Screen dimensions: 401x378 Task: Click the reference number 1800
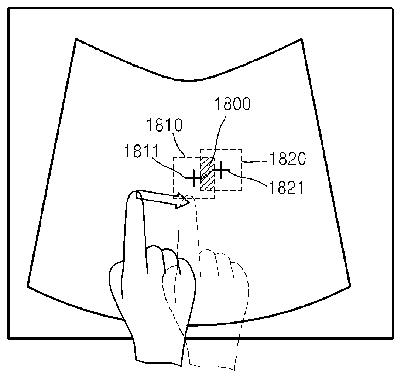click(232, 105)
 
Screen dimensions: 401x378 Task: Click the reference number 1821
click(286, 188)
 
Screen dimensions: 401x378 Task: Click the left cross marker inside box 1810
click(193, 178)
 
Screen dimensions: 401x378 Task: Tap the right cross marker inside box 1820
click(221, 170)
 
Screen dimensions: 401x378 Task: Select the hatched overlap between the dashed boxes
click(207, 174)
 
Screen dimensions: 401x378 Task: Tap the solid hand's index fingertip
click(133, 194)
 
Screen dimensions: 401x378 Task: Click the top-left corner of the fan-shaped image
click(76, 39)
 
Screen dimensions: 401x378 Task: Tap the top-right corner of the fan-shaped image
click(302, 39)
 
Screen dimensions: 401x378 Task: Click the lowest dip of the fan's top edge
click(189, 81)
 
